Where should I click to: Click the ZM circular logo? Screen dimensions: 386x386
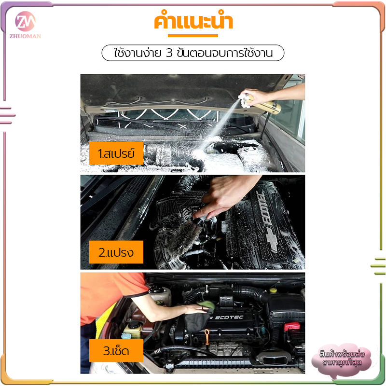coord(25,21)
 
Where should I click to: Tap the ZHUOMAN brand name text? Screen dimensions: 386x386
coord(26,36)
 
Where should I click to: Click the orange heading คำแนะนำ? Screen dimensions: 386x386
coord(193,21)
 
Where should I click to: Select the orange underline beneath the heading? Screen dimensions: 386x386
coord(193,36)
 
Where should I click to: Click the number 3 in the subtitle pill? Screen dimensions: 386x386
coord(169,53)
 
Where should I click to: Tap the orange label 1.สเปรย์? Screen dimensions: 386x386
coord(116,153)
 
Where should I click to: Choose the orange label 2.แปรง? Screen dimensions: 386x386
coord(116,252)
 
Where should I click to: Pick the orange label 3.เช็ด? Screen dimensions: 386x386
coord(116,351)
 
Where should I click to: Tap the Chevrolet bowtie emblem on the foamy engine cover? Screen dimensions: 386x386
coord(272,239)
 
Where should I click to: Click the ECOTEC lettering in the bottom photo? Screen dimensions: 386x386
coord(229,317)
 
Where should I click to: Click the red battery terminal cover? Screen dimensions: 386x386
coord(292,327)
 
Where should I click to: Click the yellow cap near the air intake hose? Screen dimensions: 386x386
coord(273,290)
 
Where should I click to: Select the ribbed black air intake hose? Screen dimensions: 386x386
coord(248,292)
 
